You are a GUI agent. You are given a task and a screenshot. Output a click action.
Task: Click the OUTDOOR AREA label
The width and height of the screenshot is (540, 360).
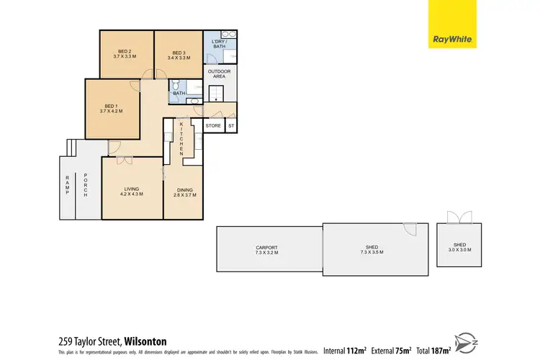pos(219,74)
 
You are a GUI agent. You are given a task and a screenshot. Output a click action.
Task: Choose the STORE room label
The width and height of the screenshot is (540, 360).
pos(213,126)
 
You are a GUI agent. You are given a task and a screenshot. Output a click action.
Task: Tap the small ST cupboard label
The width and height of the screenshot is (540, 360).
pos(231,126)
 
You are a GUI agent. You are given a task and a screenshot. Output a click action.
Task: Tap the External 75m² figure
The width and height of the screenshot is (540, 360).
pos(390,350)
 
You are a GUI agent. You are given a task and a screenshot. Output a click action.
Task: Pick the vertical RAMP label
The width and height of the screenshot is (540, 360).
pos(68,185)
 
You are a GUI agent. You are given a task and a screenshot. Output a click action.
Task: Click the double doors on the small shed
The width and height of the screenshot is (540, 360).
pos(458,217)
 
